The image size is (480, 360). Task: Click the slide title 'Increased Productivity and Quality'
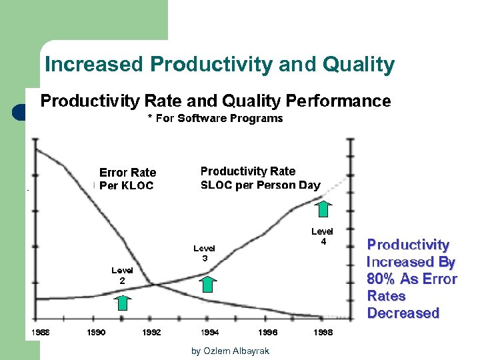click(219, 65)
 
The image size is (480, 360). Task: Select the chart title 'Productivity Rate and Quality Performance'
click(215, 101)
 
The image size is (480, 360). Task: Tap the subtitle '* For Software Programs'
click(215, 119)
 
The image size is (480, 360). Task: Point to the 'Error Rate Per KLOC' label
click(127, 179)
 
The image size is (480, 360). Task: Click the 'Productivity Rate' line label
click(247, 171)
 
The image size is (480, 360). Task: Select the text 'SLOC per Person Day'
click(260, 185)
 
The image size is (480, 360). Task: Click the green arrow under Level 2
click(122, 302)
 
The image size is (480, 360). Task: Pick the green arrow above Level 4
click(323, 208)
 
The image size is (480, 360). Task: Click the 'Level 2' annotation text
click(122, 275)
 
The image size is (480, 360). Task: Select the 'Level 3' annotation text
click(205, 253)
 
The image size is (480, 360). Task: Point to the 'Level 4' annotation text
click(323, 237)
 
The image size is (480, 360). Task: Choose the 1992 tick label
click(151, 332)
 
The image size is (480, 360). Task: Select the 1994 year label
click(210, 332)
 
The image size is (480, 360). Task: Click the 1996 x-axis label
click(268, 332)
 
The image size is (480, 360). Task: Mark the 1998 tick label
click(325, 332)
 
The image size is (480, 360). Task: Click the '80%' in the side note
click(380, 279)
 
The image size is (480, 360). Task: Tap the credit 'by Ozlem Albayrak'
click(230, 351)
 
